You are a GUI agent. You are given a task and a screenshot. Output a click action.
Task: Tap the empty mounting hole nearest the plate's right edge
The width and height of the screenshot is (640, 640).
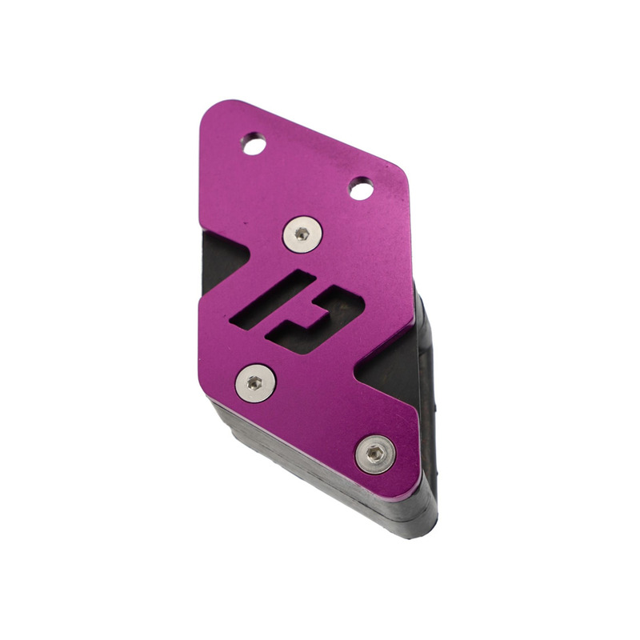coord(361,190)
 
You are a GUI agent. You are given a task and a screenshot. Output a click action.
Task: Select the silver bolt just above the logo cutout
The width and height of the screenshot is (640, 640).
coord(302,234)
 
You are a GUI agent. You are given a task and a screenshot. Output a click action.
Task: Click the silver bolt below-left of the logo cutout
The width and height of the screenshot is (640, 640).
coord(255,383)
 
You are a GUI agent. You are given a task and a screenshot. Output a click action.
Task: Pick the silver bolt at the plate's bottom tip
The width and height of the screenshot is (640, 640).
coord(375,454)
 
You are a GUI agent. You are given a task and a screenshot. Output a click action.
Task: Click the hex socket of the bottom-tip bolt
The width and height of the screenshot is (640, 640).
coord(375,454)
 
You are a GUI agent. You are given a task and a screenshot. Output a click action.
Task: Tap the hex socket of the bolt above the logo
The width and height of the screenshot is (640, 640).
coord(302,234)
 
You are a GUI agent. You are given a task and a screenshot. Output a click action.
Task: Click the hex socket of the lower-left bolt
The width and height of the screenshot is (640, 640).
coord(255,383)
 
